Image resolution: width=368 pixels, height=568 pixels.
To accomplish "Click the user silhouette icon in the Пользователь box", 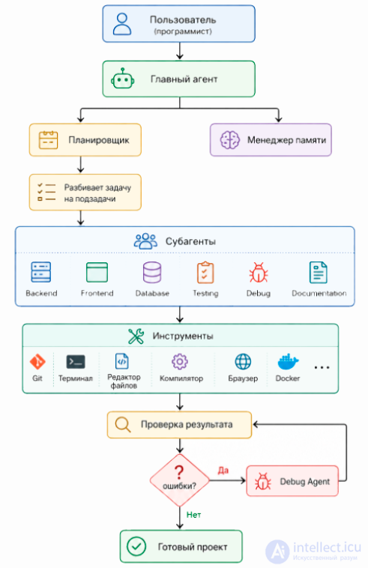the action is click(122, 24).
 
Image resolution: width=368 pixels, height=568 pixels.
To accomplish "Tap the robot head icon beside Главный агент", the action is click(123, 79).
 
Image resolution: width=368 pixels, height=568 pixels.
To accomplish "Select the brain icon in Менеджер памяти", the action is click(230, 140).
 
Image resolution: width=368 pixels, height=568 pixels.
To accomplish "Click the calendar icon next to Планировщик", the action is click(48, 140).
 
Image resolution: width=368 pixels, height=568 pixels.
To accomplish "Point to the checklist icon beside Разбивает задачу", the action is click(46, 192).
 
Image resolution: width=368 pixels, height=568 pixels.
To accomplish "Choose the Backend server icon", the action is click(41, 272).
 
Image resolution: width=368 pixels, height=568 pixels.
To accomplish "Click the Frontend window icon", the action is click(97, 272).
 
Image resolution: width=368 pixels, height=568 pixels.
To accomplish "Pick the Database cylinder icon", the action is click(152, 273).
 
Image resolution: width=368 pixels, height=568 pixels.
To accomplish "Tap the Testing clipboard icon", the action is click(205, 273).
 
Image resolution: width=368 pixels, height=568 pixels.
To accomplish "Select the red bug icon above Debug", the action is click(259, 273).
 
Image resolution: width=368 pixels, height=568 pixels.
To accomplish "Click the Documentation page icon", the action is click(319, 273).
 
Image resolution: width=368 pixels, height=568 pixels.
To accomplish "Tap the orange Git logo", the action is click(37, 361).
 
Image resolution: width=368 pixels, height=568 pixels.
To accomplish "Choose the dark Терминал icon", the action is click(76, 361).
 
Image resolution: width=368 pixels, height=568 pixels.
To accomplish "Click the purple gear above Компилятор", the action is click(180, 361).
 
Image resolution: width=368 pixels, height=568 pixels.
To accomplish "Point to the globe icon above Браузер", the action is click(243, 361).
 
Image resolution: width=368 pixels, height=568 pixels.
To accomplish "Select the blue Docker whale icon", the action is click(288, 362).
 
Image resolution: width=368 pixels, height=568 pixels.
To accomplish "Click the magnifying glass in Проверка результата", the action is click(123, 425).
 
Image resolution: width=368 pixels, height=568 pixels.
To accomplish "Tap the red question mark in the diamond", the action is click(179, 472).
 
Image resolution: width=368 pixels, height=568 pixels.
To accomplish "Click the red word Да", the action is click(223, 470).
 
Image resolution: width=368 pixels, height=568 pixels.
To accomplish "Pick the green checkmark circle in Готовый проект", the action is click(136, 546).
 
